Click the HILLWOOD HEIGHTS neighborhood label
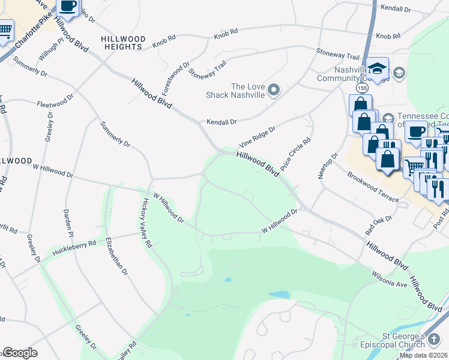[x=123, y=43]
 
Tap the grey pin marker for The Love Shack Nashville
[x=274, y=91]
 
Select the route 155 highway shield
[x=361, y=88]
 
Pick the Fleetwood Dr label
[x=55, y=100]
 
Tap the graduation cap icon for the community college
[x=378, y=67]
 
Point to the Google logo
[x=19, y=353]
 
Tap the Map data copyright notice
[x=423, y=355]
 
